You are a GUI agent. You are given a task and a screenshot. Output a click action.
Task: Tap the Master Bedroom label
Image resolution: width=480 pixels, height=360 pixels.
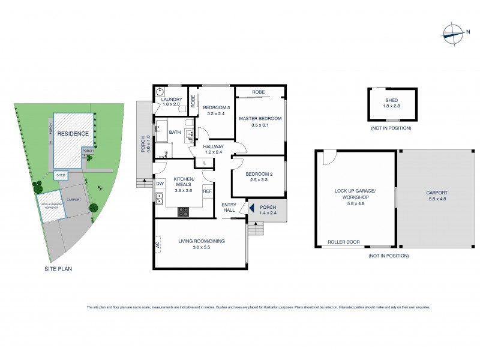(x=260, y=118)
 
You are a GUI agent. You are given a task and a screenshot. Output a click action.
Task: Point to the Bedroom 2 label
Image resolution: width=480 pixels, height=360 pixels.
(x=259, y=174)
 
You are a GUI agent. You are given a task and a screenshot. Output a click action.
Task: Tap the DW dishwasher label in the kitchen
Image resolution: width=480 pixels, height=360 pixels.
(x=160, y=184)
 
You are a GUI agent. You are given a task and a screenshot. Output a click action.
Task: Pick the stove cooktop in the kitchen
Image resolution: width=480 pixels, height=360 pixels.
(x=184, y=211)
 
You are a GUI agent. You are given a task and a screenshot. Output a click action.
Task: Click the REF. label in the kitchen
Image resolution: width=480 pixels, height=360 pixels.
(x=208, y=191)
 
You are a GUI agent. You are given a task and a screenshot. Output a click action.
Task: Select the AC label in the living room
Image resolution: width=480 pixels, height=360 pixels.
(x=158, y=245)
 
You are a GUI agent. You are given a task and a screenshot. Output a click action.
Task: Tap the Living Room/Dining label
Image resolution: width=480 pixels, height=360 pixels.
(x=201, y=241)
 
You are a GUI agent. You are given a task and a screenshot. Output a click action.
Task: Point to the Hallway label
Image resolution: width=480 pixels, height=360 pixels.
(x=213, y=146)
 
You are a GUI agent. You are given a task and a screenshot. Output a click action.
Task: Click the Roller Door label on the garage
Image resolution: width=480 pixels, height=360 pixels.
(x=344, y=242)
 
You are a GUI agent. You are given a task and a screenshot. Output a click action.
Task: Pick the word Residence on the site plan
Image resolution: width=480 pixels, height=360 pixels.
(x=73, y=134)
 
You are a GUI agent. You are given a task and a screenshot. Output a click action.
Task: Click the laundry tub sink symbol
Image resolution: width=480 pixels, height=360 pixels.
(x=160, y=92)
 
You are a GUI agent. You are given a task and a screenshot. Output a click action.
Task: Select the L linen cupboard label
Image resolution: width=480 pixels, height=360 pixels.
(x=205, y=163)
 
